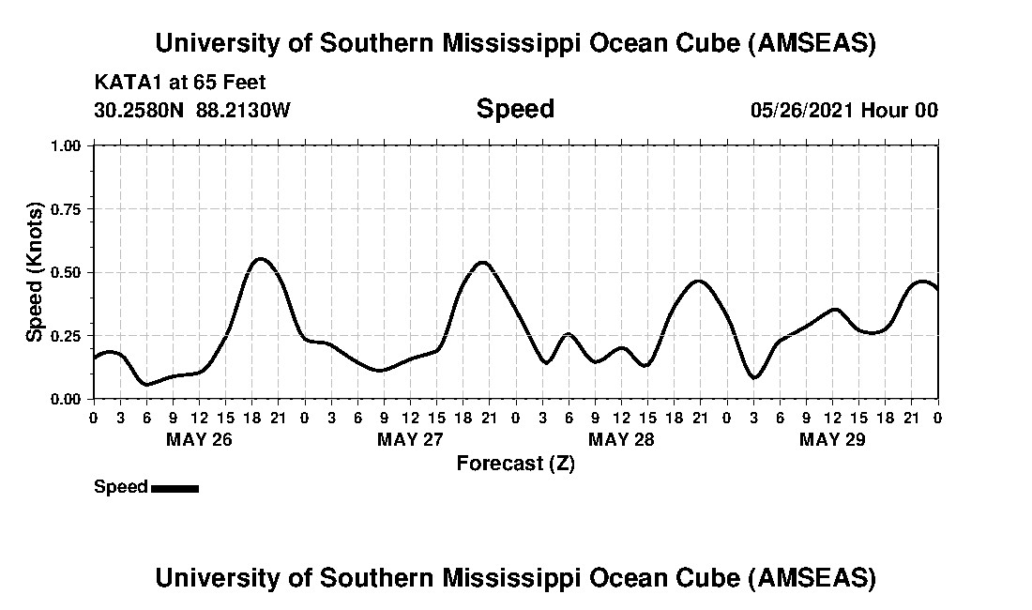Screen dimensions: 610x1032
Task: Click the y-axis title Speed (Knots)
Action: [x=35, y=272]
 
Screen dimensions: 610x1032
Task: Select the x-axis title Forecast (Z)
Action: [x=515, y=464]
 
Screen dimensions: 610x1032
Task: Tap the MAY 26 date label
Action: [x=199, y=439]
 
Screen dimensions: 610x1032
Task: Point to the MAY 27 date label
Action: [x=410, y=439]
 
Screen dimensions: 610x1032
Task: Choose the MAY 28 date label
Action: [x=621, y=439]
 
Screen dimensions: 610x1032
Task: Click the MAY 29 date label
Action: [x=832, y=439]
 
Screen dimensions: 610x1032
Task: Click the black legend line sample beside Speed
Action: [x=175, y=488]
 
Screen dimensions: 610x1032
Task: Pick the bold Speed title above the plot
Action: [x=515, y=109]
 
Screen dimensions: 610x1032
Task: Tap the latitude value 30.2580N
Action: [x=141, y=110]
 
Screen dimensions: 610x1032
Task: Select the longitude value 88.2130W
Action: [x=244, y=110]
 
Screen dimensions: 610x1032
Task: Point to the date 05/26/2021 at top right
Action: [x=802, y=110]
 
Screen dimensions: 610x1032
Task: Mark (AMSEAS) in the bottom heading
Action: [x=812, y=577]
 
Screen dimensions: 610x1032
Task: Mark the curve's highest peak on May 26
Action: [x=261, y=258]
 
